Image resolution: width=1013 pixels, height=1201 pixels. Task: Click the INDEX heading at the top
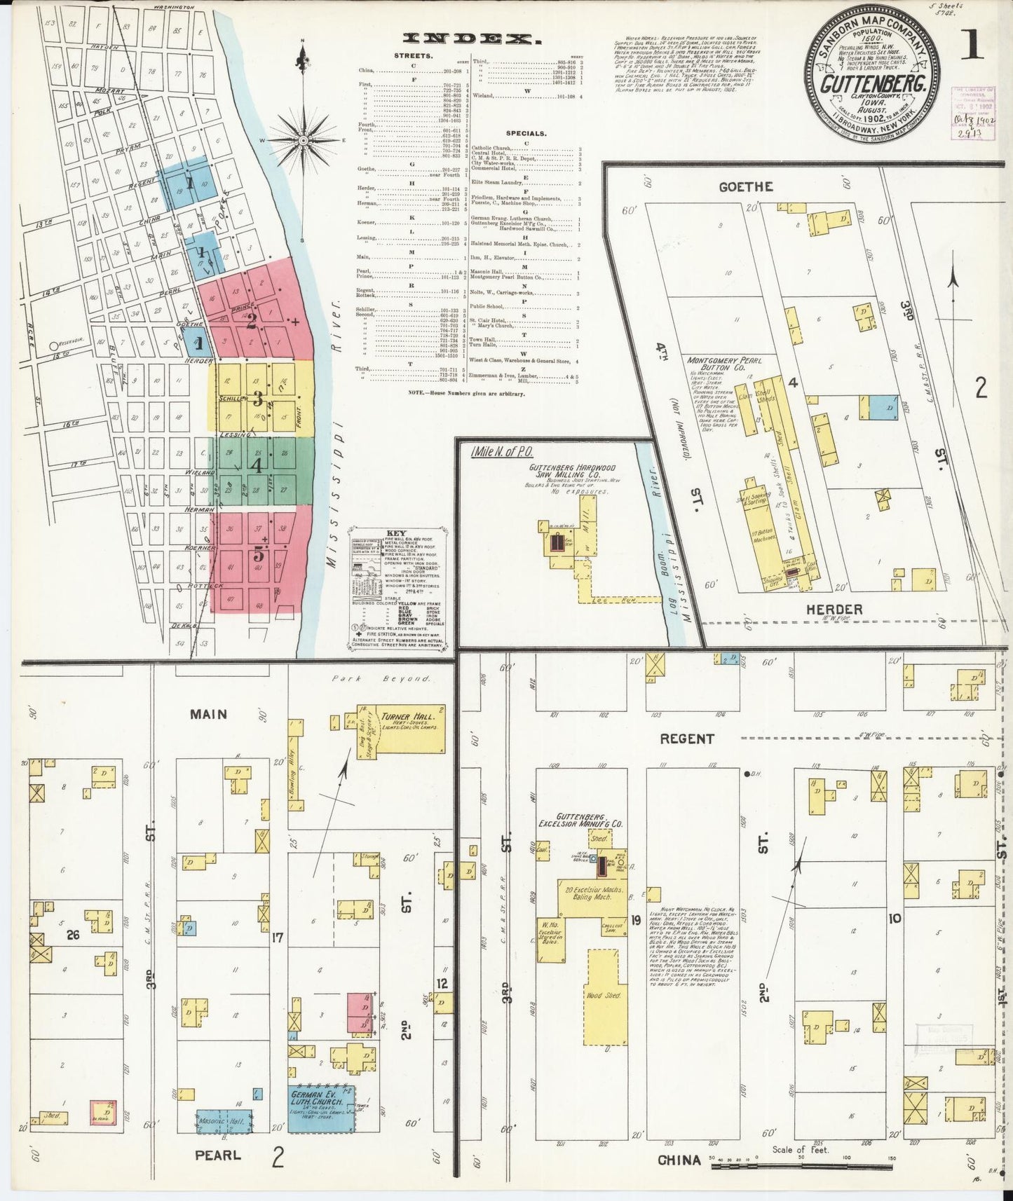(x=470, y=40)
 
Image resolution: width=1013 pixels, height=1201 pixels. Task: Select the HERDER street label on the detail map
(x=834, y=609)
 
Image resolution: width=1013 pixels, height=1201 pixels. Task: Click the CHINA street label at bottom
(x=679, y=1160)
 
